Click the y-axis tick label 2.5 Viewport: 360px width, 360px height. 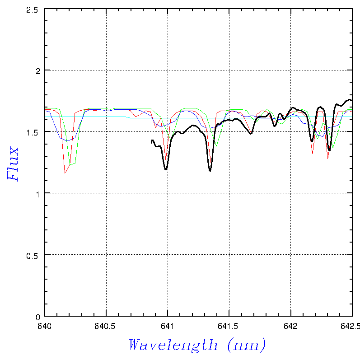click(32, 10)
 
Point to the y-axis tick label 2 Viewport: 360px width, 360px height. click(38, 71)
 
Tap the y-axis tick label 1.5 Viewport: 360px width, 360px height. click(32, 133)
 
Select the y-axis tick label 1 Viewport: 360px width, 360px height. click(38, 194)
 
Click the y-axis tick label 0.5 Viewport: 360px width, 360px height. click(32, 256)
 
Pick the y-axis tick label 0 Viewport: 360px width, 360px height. click(38, 317)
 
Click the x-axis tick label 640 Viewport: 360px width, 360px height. click(45, 326)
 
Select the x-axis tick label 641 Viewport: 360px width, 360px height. click(167, 326)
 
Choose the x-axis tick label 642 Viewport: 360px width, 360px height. click(290, 326)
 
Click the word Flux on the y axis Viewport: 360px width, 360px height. click(13, 164)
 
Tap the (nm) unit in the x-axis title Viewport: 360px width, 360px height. click(247, 345)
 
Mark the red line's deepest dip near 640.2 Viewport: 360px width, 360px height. click(65, 173)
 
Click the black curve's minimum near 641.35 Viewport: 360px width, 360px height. click(210, 171)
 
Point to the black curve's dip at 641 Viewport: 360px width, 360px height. click(166, 169)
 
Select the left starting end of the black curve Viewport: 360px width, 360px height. click(151, 143)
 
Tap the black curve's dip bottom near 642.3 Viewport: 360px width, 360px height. click(329, 150)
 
